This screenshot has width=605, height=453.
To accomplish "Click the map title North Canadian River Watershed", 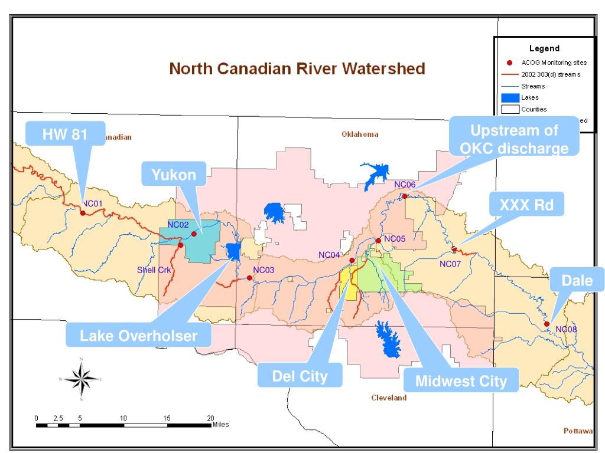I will tap(297, 69).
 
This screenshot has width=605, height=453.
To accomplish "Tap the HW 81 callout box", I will tap(65, 134).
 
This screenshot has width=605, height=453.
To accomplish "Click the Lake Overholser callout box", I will tap(138, 336).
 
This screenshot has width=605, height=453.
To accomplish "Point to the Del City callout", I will tap(300, 376).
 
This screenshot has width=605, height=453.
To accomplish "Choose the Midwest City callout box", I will tap(461, 381).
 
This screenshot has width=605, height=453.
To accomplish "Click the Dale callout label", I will tap(577, 281).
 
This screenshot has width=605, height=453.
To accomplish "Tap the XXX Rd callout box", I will tap(526, 205).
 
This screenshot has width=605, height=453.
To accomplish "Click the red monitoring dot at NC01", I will tap(83, 212).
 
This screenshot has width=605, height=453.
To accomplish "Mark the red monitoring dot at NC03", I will tap(249, 277).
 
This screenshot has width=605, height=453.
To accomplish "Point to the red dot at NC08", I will tap(547, 324).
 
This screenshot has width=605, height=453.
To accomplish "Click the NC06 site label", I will tap(405, 185).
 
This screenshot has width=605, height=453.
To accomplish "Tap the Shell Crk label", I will tap(153, 270).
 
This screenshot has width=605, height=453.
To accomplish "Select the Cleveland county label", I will tap(388, 398).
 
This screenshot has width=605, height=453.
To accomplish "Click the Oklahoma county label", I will tap(360, 134).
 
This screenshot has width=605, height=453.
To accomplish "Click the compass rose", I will tap(81, 379).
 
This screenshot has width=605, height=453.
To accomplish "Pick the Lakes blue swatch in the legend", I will tap(509, 98).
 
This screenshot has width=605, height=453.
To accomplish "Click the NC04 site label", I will tap(329, 255).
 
